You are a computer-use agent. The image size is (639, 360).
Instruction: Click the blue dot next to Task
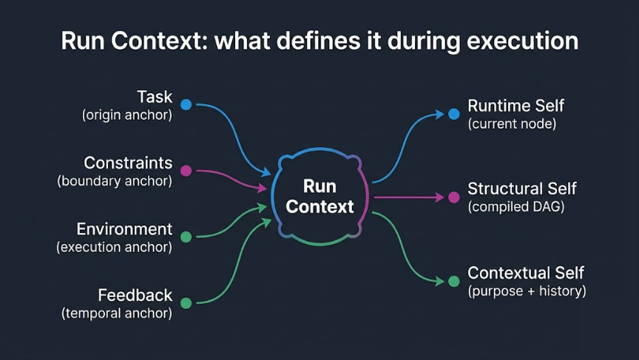point(186,105)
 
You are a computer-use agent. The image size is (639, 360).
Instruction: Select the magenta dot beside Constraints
point(186,171)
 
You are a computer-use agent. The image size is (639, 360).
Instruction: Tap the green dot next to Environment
point(186,237)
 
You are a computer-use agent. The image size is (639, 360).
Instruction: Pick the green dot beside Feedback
point(186,303)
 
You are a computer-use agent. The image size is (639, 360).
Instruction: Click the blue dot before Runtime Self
point(454,114)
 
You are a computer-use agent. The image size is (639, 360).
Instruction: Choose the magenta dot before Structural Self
point(454,197)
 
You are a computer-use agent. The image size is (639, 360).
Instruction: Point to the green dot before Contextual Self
point(454,281)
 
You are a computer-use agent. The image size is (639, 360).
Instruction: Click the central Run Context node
point(319,197)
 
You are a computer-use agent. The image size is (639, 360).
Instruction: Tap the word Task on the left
point(155,97)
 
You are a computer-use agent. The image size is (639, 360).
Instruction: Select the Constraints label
point(128,163)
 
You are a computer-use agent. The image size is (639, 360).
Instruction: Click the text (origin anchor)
point(126,115)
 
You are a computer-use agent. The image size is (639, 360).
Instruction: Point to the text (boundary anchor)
point(115,181)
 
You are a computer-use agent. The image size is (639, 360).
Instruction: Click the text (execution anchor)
point(114,248)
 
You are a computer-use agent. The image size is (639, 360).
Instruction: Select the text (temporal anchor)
point(116,313)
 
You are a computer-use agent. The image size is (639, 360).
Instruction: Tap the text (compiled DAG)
point(516,208)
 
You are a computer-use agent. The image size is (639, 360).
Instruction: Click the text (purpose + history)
point(527,291)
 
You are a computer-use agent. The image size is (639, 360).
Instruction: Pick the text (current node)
point(512,124)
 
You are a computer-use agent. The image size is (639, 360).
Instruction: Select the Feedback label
point(135,295)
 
